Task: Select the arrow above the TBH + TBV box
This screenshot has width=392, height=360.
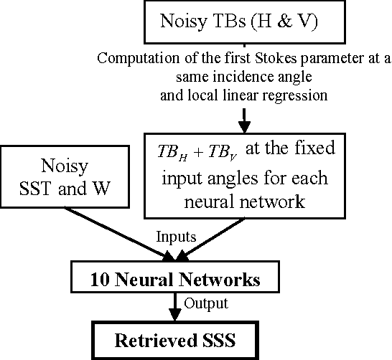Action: (246, 116)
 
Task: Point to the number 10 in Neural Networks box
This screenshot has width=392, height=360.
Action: (101, 278)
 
